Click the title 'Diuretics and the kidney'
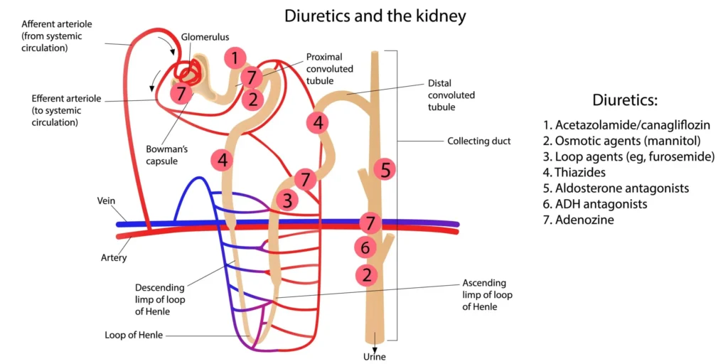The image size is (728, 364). click(x=365, y=16)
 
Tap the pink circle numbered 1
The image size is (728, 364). click(x=235, y=57)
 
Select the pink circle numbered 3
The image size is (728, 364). click(x=287, y=200)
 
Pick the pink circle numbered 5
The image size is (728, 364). click(x=385, y=169)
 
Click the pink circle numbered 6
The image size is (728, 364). click(x=365, y=247)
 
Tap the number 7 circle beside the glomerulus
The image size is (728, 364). click(x=181, y=93)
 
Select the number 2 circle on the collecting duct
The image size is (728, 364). click(x=366, y=274)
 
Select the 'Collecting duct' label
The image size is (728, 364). click(x=478, y=141)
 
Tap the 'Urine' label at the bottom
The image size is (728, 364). click(x=374, y=356)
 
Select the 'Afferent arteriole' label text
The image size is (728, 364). click(x=62, y=24)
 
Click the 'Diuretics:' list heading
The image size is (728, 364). click(x=625, y=100)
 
